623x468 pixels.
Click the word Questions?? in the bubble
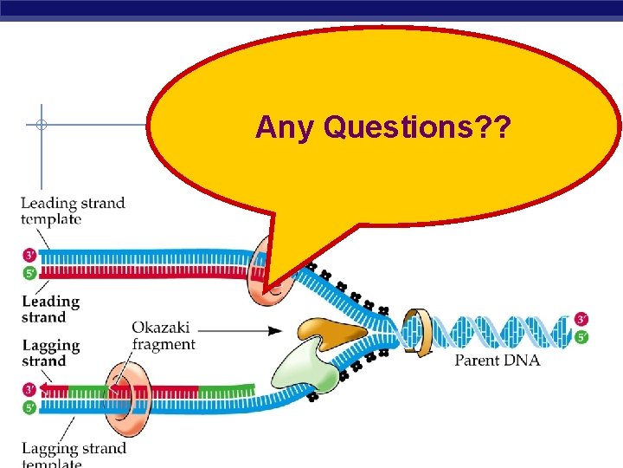(x=417, y=128)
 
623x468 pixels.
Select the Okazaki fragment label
(x=164, y=336)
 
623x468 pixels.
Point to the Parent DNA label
(x=498, y=360)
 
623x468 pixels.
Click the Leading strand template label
(x=73, y=211)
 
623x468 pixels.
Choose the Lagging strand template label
(x=74, y=455)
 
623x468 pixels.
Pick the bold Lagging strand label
(x=51, y=353)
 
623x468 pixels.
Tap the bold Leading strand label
(x=50, y=309)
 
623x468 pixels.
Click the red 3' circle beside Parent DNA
(x=581, y=320)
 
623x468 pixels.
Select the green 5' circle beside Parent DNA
(x=581, y=336)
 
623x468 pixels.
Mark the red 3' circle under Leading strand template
(x=29, y=256)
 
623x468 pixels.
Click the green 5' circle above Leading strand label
(x=29, y=272)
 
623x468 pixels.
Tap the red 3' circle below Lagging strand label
(x=29, y=389)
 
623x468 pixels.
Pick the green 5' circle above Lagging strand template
(x=29, y=406)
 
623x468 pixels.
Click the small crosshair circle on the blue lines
(x=40, y=125)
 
